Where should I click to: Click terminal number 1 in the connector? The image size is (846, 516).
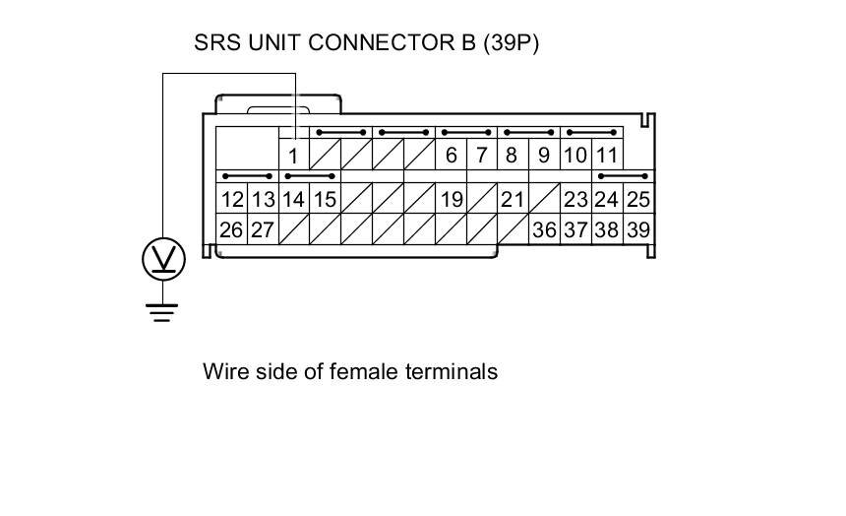tap(293, 156)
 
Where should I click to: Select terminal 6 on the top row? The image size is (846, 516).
tap(452, 156)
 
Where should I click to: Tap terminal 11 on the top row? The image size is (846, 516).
tap(607, 156)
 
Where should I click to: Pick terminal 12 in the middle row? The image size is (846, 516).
tap(231, 200)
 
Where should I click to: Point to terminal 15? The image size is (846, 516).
tap(325, 200)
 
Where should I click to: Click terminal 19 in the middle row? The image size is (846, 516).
tap(452, 200)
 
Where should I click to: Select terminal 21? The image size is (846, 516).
tap(513, 200)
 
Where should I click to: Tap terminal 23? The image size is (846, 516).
tap(575, 200)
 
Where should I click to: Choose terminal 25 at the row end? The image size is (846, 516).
tap(638, 200)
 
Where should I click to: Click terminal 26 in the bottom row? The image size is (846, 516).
tap(231, 230)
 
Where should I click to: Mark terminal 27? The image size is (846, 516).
tap(262, 230)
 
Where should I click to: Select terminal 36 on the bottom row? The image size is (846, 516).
tap(544, 230)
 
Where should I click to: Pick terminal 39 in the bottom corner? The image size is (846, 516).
tap(638, 230)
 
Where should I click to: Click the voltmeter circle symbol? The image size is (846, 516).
tap(162, 259)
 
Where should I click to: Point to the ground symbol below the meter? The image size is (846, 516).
tap(162, 311)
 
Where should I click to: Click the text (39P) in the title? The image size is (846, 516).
tap(511, 43)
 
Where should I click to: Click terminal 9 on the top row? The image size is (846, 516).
tap(544, 156)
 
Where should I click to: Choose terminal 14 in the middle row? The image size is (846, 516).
tap(293, 200)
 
